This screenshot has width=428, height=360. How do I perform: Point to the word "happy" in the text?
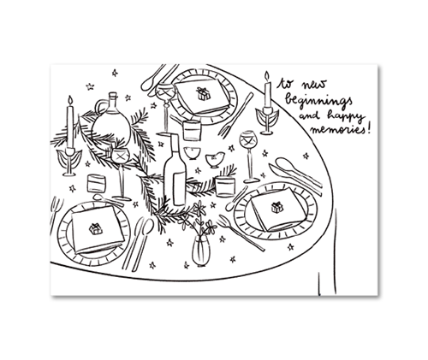(x=346, y=116)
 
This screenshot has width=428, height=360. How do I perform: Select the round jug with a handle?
(x=111, y=123)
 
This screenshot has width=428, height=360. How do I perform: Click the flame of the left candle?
(x=70, y=100)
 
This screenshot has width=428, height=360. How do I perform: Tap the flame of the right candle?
(x=267, y=76)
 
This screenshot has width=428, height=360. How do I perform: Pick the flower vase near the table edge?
(x=201, y=251)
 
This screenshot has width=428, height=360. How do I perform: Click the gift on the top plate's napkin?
(x=203, y=94)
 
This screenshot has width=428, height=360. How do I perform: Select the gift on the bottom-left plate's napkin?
(x=96, y=228)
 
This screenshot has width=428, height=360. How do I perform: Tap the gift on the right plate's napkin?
(x=277, y=207)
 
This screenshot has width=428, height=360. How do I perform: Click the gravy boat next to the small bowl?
(x=215, y=160)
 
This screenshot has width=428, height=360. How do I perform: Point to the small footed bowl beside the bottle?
(x=192, y=153)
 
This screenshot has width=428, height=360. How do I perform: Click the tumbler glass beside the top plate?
(x=192, y=130)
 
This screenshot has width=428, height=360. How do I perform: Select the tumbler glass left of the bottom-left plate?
(x=97, y=183)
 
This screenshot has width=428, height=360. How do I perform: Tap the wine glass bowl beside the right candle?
(x=248, y=139)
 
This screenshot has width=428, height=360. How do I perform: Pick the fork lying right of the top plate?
(x=236, y=114)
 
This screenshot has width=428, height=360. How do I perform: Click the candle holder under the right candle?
(x=267, y=121)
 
